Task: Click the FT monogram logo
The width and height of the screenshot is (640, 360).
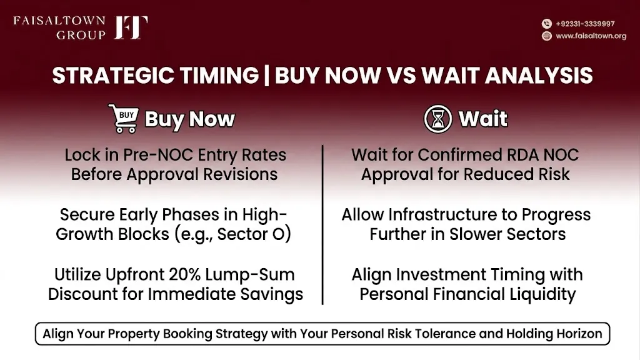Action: pos(131,27)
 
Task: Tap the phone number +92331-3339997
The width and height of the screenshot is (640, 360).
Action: pos(585,24)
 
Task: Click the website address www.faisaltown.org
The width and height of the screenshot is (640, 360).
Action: pos(591,36)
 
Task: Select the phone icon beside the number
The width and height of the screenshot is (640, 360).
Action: pos(547,24)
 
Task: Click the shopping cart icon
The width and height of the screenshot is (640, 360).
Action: pos(124,118)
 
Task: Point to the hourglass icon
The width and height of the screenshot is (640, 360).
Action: pos(438,119)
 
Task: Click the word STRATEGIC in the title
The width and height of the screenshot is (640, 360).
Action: pos(114,76)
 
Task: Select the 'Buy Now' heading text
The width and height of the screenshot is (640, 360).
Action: pos(190,119)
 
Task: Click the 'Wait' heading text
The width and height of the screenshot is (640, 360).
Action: pos(483,119)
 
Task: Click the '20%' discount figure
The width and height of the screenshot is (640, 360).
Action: pos(184,275)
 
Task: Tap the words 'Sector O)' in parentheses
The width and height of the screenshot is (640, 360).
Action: pos(254,234)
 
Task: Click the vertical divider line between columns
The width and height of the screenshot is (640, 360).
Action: pos(322,225)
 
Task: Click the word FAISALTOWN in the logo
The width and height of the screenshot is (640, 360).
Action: pos(59,21)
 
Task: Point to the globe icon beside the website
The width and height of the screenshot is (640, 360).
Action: pos(547,36)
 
